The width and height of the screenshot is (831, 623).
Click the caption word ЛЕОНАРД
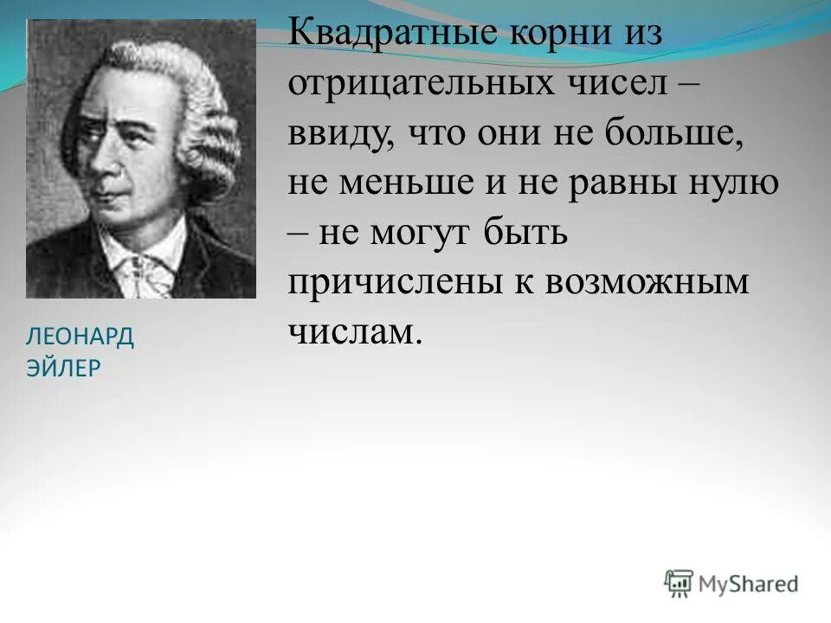(81, 337)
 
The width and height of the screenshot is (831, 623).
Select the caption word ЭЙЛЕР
(64, 368)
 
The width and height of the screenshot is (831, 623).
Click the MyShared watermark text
(748, 584)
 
